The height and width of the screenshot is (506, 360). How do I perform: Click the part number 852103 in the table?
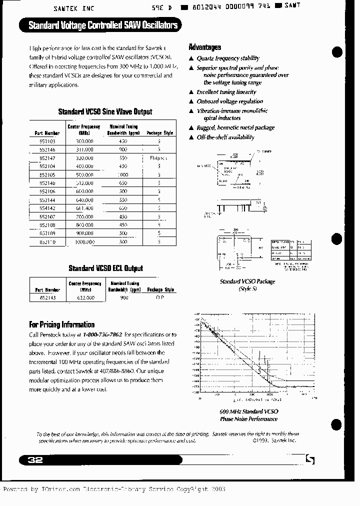[x=47, y=142]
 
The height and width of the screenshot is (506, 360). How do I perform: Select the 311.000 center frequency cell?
[x=83, y=149]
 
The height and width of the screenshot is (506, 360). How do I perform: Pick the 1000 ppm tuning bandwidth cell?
[x=123, y=174]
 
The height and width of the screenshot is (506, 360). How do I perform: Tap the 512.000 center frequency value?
[x=83, y=183]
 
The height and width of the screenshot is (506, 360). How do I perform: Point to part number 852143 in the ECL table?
[x=47, y=297]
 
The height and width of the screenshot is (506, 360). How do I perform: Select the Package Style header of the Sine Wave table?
[x=159, y=133]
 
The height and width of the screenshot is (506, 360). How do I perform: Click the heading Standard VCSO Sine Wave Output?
[x=105, y=111]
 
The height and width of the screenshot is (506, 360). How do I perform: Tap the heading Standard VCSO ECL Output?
[x=105, y=268]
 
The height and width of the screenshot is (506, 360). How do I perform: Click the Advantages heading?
[x=204, y=47]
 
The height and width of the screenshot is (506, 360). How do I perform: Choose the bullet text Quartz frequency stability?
[x=228, y=58]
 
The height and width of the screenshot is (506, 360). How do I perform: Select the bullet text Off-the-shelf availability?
[x=225, y=137]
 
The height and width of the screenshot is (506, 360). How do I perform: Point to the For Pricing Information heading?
[x=61, y=324]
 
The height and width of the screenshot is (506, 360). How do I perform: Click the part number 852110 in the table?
[x=47, y=241]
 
